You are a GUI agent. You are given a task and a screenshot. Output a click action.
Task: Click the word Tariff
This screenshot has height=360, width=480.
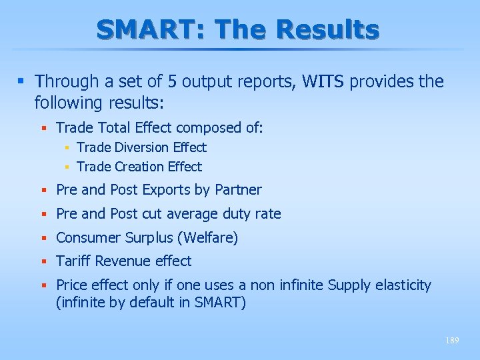[x=73, y=261]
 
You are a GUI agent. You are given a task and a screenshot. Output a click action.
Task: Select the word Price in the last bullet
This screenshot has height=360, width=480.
[x=71, y=285]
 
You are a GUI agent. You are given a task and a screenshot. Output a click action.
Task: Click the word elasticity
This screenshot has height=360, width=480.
[x=401, y=285]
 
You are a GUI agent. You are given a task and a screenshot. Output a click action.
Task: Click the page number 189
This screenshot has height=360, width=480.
[x=452, y=340]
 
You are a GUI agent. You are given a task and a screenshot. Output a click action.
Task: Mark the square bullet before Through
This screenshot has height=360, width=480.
[x=21, y=82]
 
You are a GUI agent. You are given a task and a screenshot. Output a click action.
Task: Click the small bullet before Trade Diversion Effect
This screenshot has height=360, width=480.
[x=68, y=147]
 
